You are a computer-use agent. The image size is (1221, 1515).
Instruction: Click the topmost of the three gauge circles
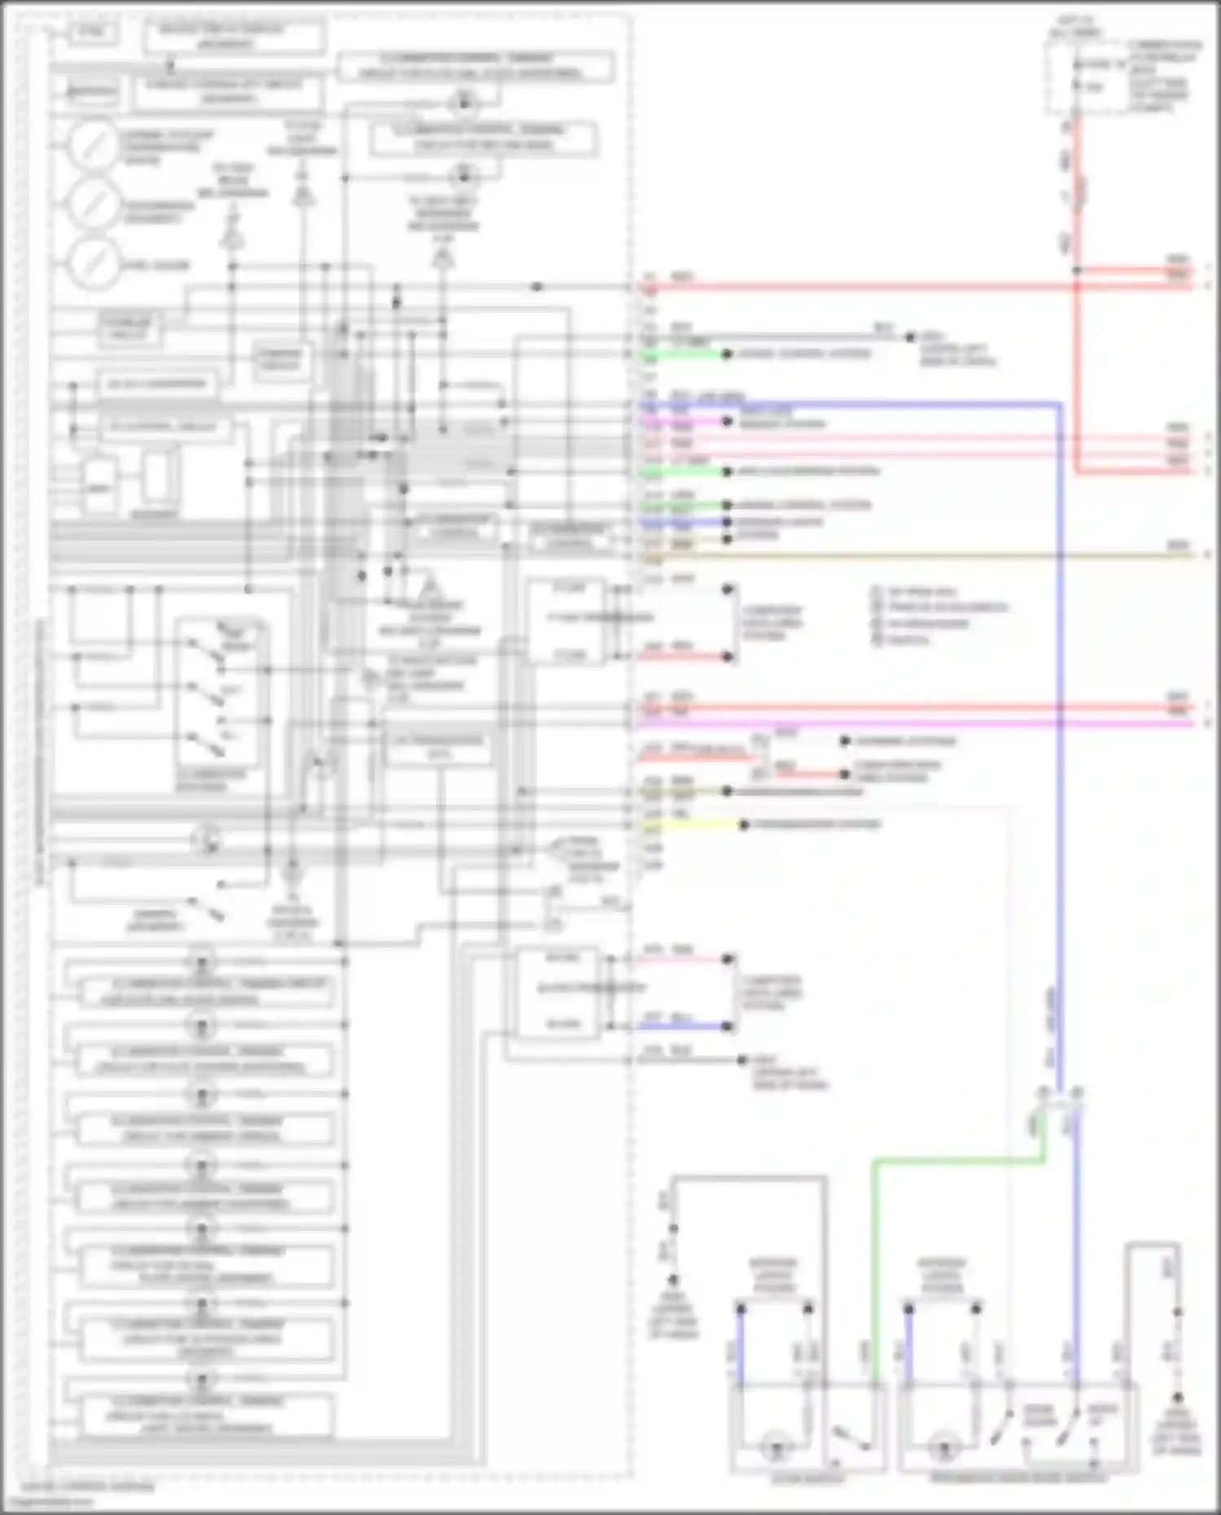(x=94, y=143)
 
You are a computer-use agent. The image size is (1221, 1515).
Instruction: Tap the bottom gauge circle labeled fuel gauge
(x=94, y=264)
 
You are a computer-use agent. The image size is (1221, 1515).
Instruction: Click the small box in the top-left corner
(x=93, y=33)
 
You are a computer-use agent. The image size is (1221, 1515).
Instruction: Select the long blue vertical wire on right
(x=1059, y=733)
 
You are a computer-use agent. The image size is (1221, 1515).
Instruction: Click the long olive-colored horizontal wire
(x=936, y=555)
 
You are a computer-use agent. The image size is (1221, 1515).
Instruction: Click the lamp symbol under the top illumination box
(x=463, y=102)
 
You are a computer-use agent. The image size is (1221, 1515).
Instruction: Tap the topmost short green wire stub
(x=684, y=354)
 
